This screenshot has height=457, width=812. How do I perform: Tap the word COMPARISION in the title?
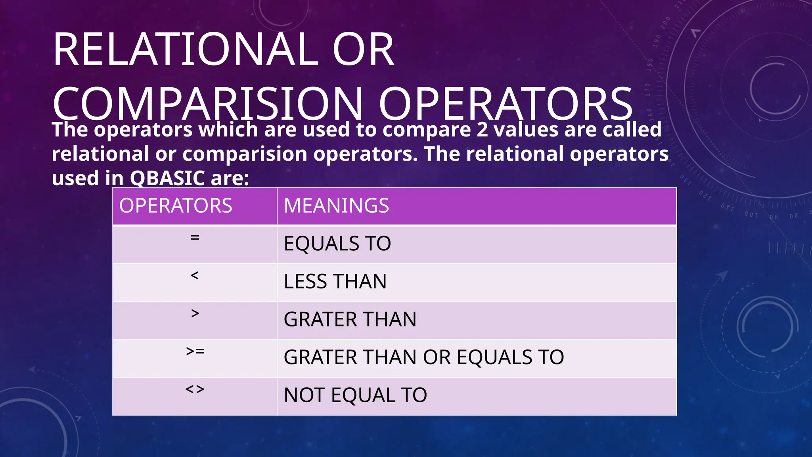[x=207, y=104]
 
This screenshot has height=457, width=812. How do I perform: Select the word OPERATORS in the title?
[x=506, y=104]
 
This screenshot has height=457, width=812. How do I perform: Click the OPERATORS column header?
[x=176, y=205]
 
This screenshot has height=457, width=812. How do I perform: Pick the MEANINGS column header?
[x=336, y=205]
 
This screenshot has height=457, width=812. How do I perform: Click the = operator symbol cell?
[x=195, y=238]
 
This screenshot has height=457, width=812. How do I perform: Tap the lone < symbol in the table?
[x=194, y=275]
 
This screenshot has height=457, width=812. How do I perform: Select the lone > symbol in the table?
[x=195, y=313]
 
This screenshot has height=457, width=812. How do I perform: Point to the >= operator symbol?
[x=195, y=351]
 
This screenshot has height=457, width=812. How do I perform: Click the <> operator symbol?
[x=195, y=390]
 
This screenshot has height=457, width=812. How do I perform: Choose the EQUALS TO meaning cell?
[x=337, y=244]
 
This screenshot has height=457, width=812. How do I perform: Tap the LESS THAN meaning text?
[x=335, y=282]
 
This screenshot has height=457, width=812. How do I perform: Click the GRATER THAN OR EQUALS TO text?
[x=423, y=357]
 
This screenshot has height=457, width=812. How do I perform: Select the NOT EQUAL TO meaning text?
[x=355, y=396]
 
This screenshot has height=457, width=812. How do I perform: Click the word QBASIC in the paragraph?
[x=167, y=179]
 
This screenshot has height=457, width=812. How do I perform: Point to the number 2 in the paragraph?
[x=482, y=130]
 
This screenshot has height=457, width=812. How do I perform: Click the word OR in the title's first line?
[x=363, y=50]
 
